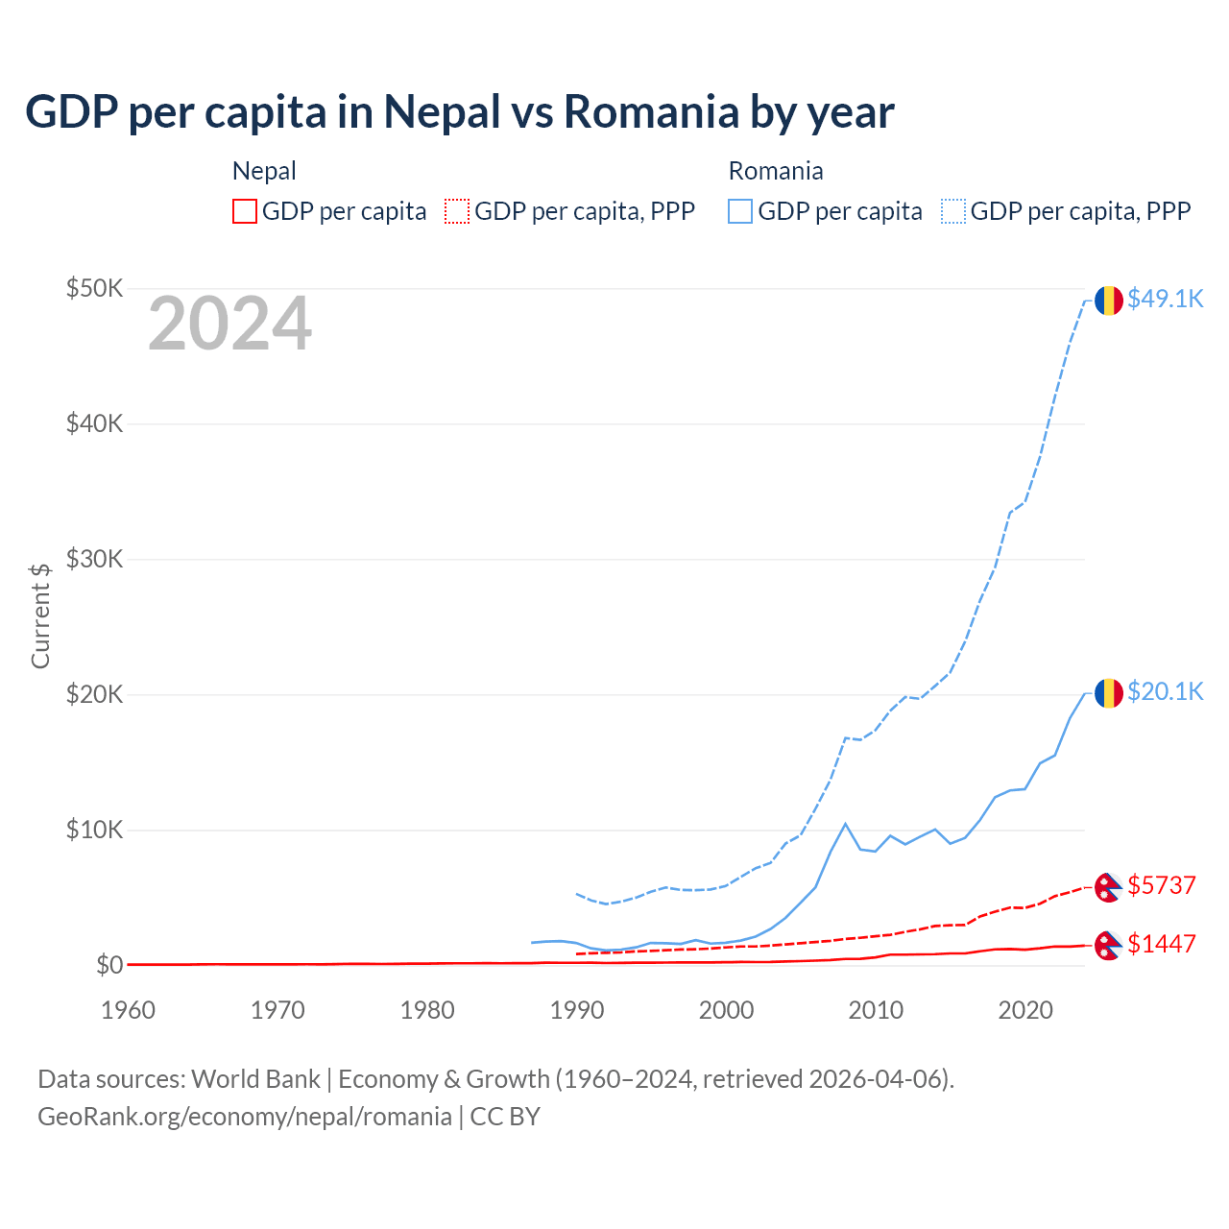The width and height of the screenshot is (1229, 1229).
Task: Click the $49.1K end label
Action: point(1165,300)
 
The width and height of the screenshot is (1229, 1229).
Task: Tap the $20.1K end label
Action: point(1165,692)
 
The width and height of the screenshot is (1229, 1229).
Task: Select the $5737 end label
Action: point(1161,885)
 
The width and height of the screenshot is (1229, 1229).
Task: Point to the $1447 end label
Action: point(1161,945)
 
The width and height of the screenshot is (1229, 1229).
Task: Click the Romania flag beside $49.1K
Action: point(1109,301)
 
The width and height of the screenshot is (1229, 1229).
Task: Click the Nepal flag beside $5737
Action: point(1108,887)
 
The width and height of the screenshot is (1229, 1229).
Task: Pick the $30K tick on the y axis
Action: point(94,559)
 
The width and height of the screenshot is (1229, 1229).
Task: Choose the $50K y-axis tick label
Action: point(94,288)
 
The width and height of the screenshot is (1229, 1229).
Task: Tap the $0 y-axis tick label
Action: point(109,965)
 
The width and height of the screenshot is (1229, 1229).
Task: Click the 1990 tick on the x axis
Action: point(577,1010)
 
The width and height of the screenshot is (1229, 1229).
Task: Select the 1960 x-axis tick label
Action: point(129,1010)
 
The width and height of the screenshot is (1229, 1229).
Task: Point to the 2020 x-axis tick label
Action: point(1025,1010)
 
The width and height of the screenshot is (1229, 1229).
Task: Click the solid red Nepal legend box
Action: point(245,211)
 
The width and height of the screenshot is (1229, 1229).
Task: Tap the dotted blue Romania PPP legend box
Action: point(953,211)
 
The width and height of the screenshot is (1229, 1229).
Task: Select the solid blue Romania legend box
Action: point(740,211)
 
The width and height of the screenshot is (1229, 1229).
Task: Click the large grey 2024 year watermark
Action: point(229,324)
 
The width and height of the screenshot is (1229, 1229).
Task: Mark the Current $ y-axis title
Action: point(40,615)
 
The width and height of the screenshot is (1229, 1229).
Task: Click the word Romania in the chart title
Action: point(651,112)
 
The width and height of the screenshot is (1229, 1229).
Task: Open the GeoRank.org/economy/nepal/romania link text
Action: point(245,1117)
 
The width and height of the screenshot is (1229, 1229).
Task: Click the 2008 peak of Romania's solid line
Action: point(845,824)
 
